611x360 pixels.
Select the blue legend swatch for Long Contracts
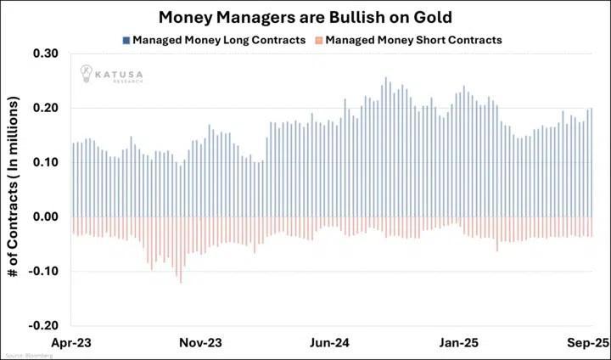[126, 39]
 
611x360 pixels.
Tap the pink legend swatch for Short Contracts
[317, 39]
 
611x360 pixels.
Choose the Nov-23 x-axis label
[202, 343]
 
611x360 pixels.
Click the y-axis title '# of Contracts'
[17, 188]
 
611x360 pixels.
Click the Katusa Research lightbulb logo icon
[87, 73]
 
